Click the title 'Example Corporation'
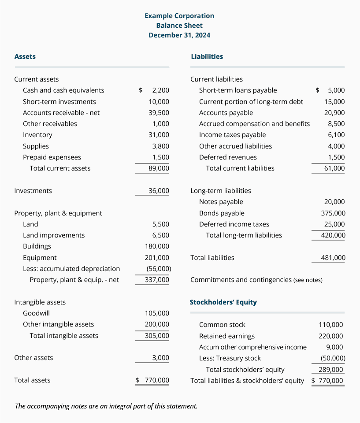(179, 16)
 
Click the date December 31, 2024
(179, 35)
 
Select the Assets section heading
(25, 56)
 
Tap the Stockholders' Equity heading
(223, 302)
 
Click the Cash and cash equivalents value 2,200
(160, 90)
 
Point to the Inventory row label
(37, 135)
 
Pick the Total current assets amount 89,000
(159, 168)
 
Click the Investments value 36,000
(159, 191)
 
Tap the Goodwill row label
(36, 313)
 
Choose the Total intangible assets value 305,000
(157, 336)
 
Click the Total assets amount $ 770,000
(152, 380)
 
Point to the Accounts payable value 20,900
(334, 113)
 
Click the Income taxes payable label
(232, 135)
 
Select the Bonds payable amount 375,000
(333, 213)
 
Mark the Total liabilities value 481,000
(333, 258)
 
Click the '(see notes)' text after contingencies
(308, 280)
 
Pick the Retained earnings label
(226, 336)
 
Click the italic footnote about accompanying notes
(106, 406)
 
